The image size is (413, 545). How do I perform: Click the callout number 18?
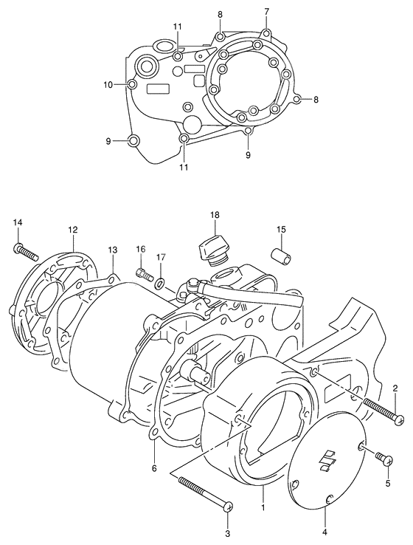pos(214,215)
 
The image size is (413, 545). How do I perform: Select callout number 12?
pos(73,230)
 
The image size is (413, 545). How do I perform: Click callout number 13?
pos(112,250)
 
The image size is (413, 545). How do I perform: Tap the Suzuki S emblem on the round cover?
pos(325,460)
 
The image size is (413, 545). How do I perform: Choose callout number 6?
pos(154,468)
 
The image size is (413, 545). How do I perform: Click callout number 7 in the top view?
pos(266,12)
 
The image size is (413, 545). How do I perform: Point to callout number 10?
pos(108,85)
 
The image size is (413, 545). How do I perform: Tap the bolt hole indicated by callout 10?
pos(132,85)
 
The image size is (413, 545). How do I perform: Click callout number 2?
pos(395,388)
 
